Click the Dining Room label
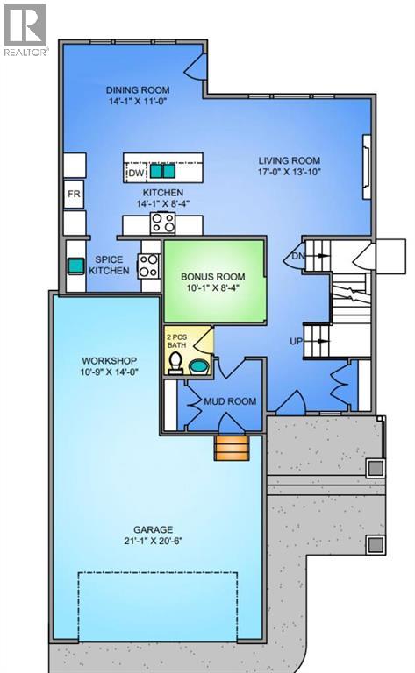138,90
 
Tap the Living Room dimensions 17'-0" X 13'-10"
289,174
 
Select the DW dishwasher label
135,174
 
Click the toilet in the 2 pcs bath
176,362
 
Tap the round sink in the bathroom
201,365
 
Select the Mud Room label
230,401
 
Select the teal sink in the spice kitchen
75,264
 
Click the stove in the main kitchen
163,223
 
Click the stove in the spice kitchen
148,265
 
